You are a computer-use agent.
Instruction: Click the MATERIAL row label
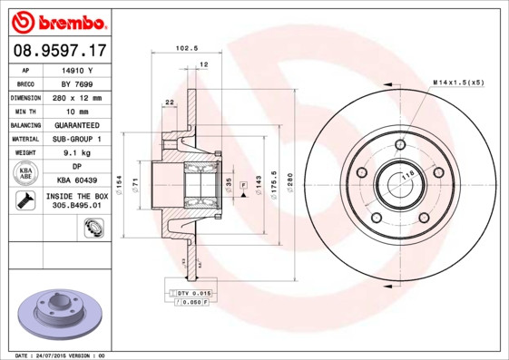24,140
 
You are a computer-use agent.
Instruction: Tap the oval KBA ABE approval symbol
26,174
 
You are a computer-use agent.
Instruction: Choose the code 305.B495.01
77,206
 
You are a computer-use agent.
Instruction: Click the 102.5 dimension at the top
186,50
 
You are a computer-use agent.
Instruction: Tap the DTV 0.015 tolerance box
192,294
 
